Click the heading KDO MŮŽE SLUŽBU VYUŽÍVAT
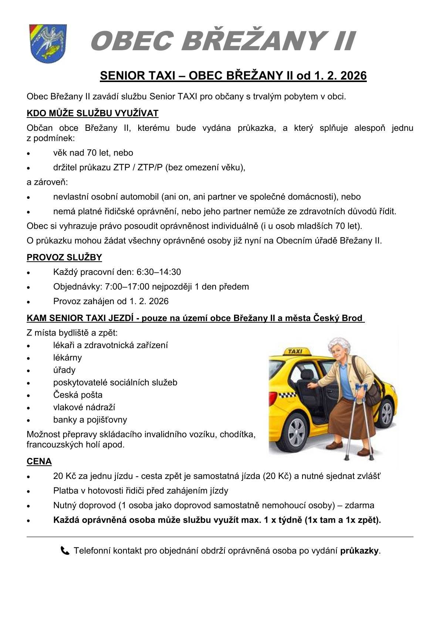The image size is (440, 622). (92, 113)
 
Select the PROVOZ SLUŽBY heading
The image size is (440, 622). (64, 257)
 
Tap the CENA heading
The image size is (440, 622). (39, 461)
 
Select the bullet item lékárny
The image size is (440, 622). (67, 357)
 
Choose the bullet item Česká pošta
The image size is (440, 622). (78, 395)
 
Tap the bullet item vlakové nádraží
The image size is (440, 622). (84, 407)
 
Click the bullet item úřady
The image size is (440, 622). (64, 370)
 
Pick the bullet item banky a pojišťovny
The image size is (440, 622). (90, 419)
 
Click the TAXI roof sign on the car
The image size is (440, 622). (294, 351)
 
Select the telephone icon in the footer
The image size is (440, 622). (65, 551)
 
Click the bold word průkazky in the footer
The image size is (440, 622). (359, 551)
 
